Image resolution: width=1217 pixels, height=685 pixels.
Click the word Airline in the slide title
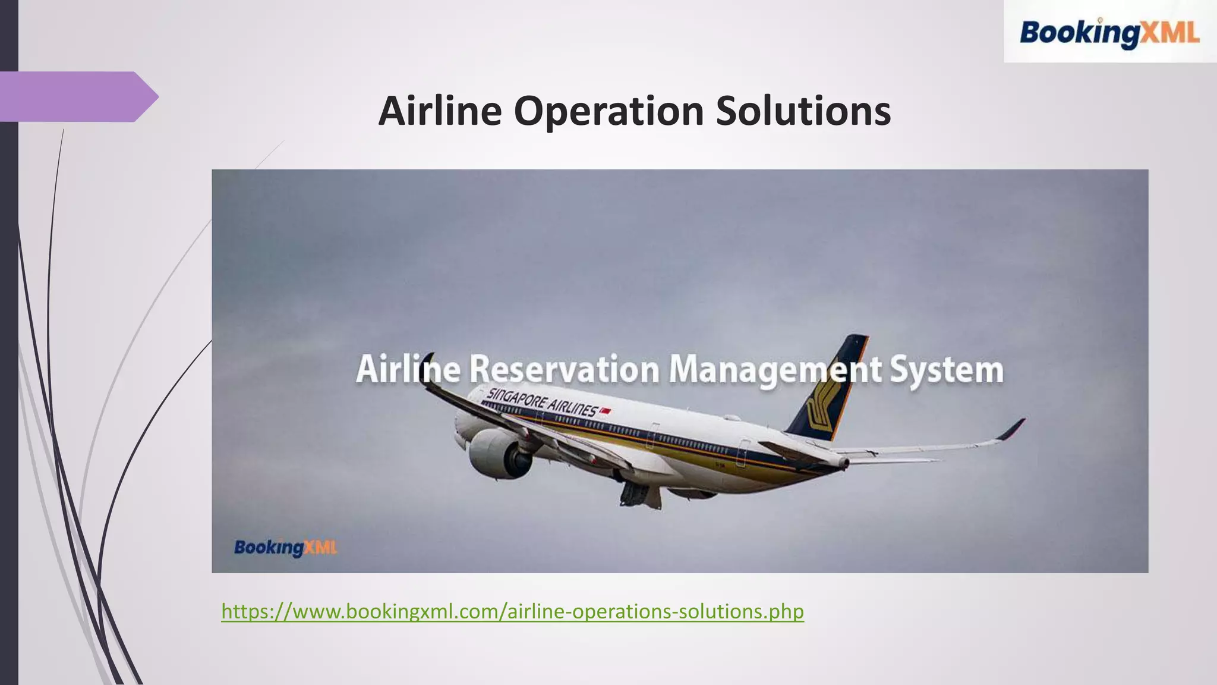(x=440, y=111)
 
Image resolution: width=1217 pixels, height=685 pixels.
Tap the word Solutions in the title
(x=803, y=111)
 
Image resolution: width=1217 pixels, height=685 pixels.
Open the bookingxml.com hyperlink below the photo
(x=512, y=611)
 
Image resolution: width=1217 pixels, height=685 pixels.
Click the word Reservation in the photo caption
(x=565, y=370)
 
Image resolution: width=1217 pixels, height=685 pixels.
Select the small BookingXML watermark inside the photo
(x=285, y=548)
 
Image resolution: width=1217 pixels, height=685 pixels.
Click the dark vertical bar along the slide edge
(x=9, y=342)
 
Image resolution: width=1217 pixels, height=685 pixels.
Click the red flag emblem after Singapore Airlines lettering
(x=606, y=411)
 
